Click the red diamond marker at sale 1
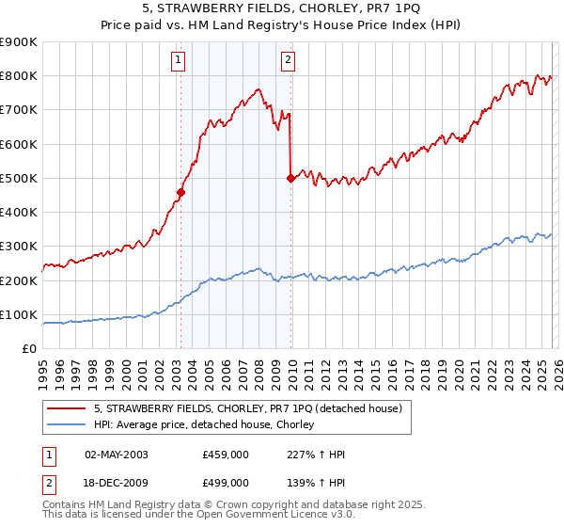[180, 192]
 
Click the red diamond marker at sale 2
[290, 179]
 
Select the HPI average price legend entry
[209, 425]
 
